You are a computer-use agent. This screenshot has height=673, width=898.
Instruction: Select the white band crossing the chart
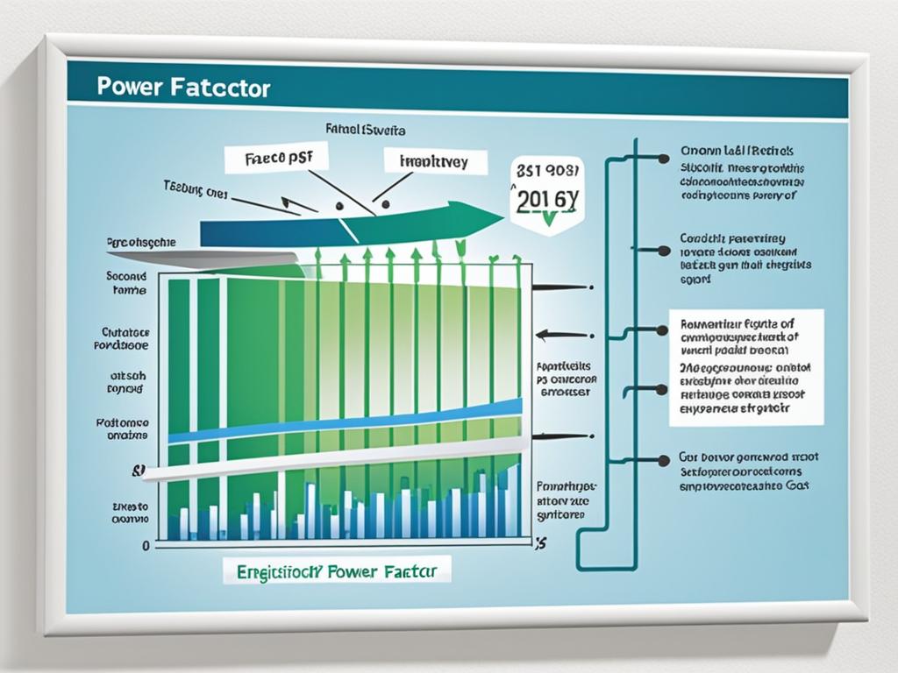click(x=333, y=459)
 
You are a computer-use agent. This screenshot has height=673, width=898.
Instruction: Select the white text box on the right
click(x=745, y=367)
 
